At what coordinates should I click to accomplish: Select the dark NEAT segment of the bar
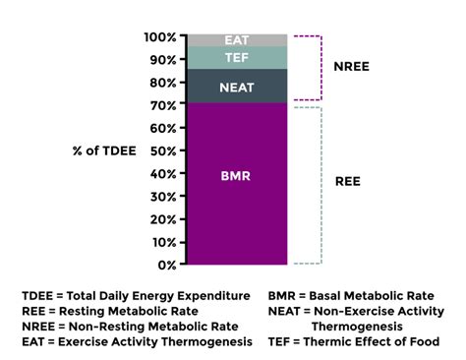coord(237,87)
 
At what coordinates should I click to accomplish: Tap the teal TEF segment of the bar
coord(237,58)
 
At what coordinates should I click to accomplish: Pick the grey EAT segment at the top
coord(237,40)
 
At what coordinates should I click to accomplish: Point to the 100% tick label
coord(160,36)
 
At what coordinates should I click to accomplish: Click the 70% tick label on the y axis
coord(162,105)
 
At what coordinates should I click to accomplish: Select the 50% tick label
coord(162,150)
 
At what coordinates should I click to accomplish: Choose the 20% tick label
coord(162,219)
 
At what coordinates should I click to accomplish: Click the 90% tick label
coord(162,60)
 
